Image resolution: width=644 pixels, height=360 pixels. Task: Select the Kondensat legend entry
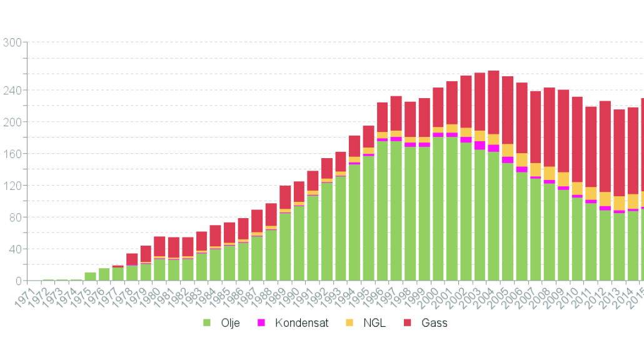pyautogui.click(x=294, y=323)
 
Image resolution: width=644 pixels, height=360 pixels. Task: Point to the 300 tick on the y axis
pyautogui.click(x=13, y=42)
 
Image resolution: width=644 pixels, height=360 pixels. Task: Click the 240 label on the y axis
pyautogui.click(x=13, y=90)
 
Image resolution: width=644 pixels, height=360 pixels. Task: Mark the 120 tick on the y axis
pyautogui.click(x=13, y=186)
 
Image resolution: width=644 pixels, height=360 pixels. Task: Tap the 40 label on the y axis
pyautogui.click(x=15, y=249)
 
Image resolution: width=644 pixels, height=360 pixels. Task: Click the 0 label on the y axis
pyautogui.click(x=18, y=281)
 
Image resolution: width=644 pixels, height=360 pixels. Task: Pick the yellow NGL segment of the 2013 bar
pyautogui.click(x=619, y=203)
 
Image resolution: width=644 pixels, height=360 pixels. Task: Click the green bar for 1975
pyautogui.click(x=91, y=276)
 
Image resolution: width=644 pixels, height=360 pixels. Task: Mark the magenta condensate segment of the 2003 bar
pyautogui.click(x=480, y=146)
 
